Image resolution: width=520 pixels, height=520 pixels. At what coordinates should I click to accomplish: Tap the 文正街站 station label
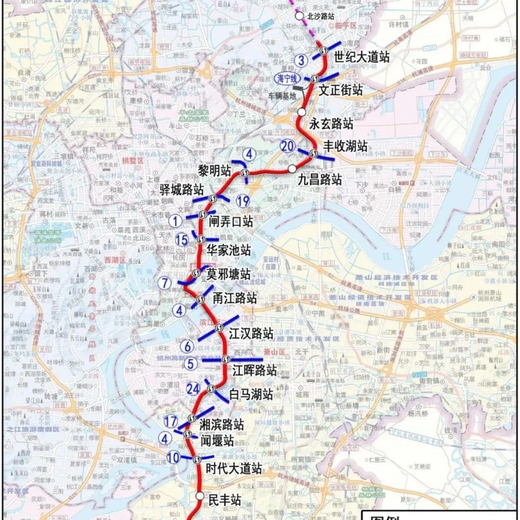[341, 90]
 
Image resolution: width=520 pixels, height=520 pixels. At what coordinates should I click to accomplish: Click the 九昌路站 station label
[319, 180]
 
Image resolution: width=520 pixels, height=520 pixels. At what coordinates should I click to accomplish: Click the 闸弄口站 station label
[231, 221]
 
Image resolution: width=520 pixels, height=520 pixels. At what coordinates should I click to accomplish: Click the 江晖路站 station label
[254, 370]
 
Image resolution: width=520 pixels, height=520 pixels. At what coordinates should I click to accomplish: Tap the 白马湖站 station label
[250, 394]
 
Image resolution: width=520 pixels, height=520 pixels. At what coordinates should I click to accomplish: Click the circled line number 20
[288, 146]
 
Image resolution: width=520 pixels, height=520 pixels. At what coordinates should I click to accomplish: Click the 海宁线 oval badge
[287, 78]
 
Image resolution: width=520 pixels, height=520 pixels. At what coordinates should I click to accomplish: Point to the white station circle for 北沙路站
[299, 16]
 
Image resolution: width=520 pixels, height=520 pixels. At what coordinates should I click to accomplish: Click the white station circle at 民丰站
[200, 496]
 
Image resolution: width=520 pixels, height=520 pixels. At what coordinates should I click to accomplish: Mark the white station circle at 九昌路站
[292, 169]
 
